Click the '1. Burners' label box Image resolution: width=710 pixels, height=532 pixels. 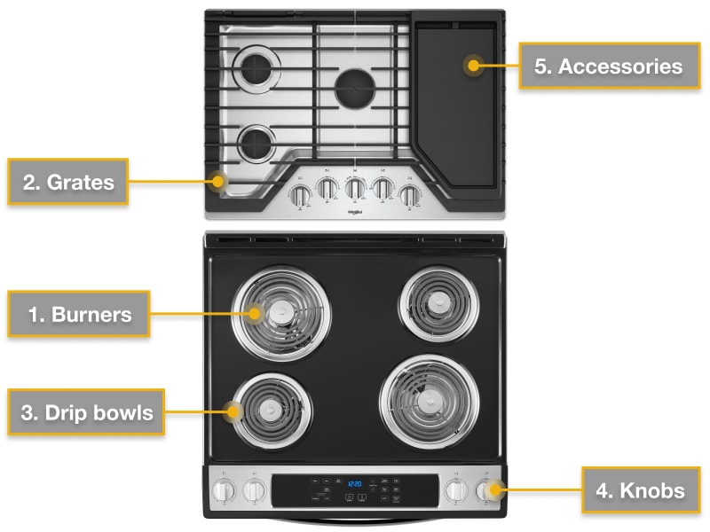[79, 314]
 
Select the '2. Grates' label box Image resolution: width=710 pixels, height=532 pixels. [68, 183]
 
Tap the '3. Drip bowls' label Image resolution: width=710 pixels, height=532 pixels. [86, 412]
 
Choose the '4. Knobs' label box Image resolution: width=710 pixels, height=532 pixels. [640, 489]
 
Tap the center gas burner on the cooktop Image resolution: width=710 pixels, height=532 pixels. [355, 88]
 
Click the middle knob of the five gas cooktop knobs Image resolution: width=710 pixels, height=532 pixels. [355, 189]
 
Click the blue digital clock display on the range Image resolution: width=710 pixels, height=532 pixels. [353, 484]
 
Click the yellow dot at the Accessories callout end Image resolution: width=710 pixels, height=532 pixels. [474, 65]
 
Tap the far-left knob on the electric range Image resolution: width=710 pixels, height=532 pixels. [225, 489]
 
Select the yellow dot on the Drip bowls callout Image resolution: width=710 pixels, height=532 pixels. [235, 411]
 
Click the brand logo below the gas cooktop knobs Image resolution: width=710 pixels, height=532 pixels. [355, 211]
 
